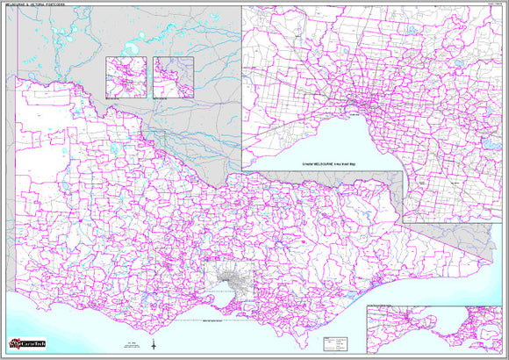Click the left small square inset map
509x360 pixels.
[125, 76]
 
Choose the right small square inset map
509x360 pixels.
[172, 76]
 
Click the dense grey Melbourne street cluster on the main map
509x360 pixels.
[232, 283]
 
